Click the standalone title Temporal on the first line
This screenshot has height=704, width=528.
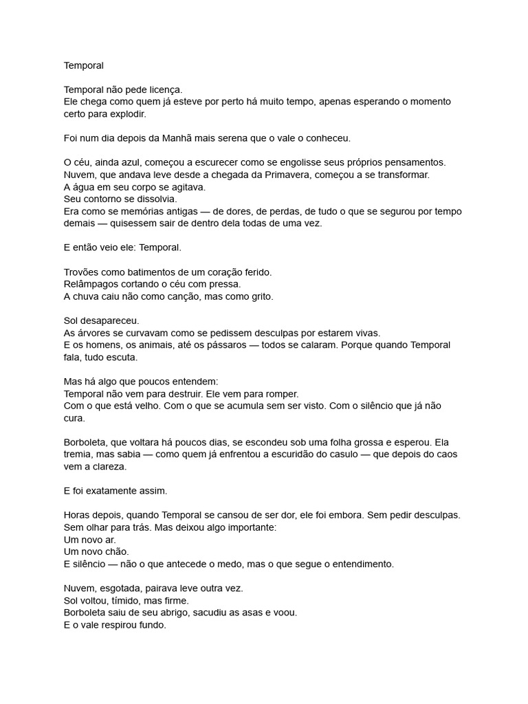pos(83,66)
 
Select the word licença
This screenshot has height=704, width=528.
pos(164,90)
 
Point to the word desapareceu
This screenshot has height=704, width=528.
pos(109,321)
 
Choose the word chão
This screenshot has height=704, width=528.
pos(114,551)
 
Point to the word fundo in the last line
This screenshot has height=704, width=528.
pos(153,626)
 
